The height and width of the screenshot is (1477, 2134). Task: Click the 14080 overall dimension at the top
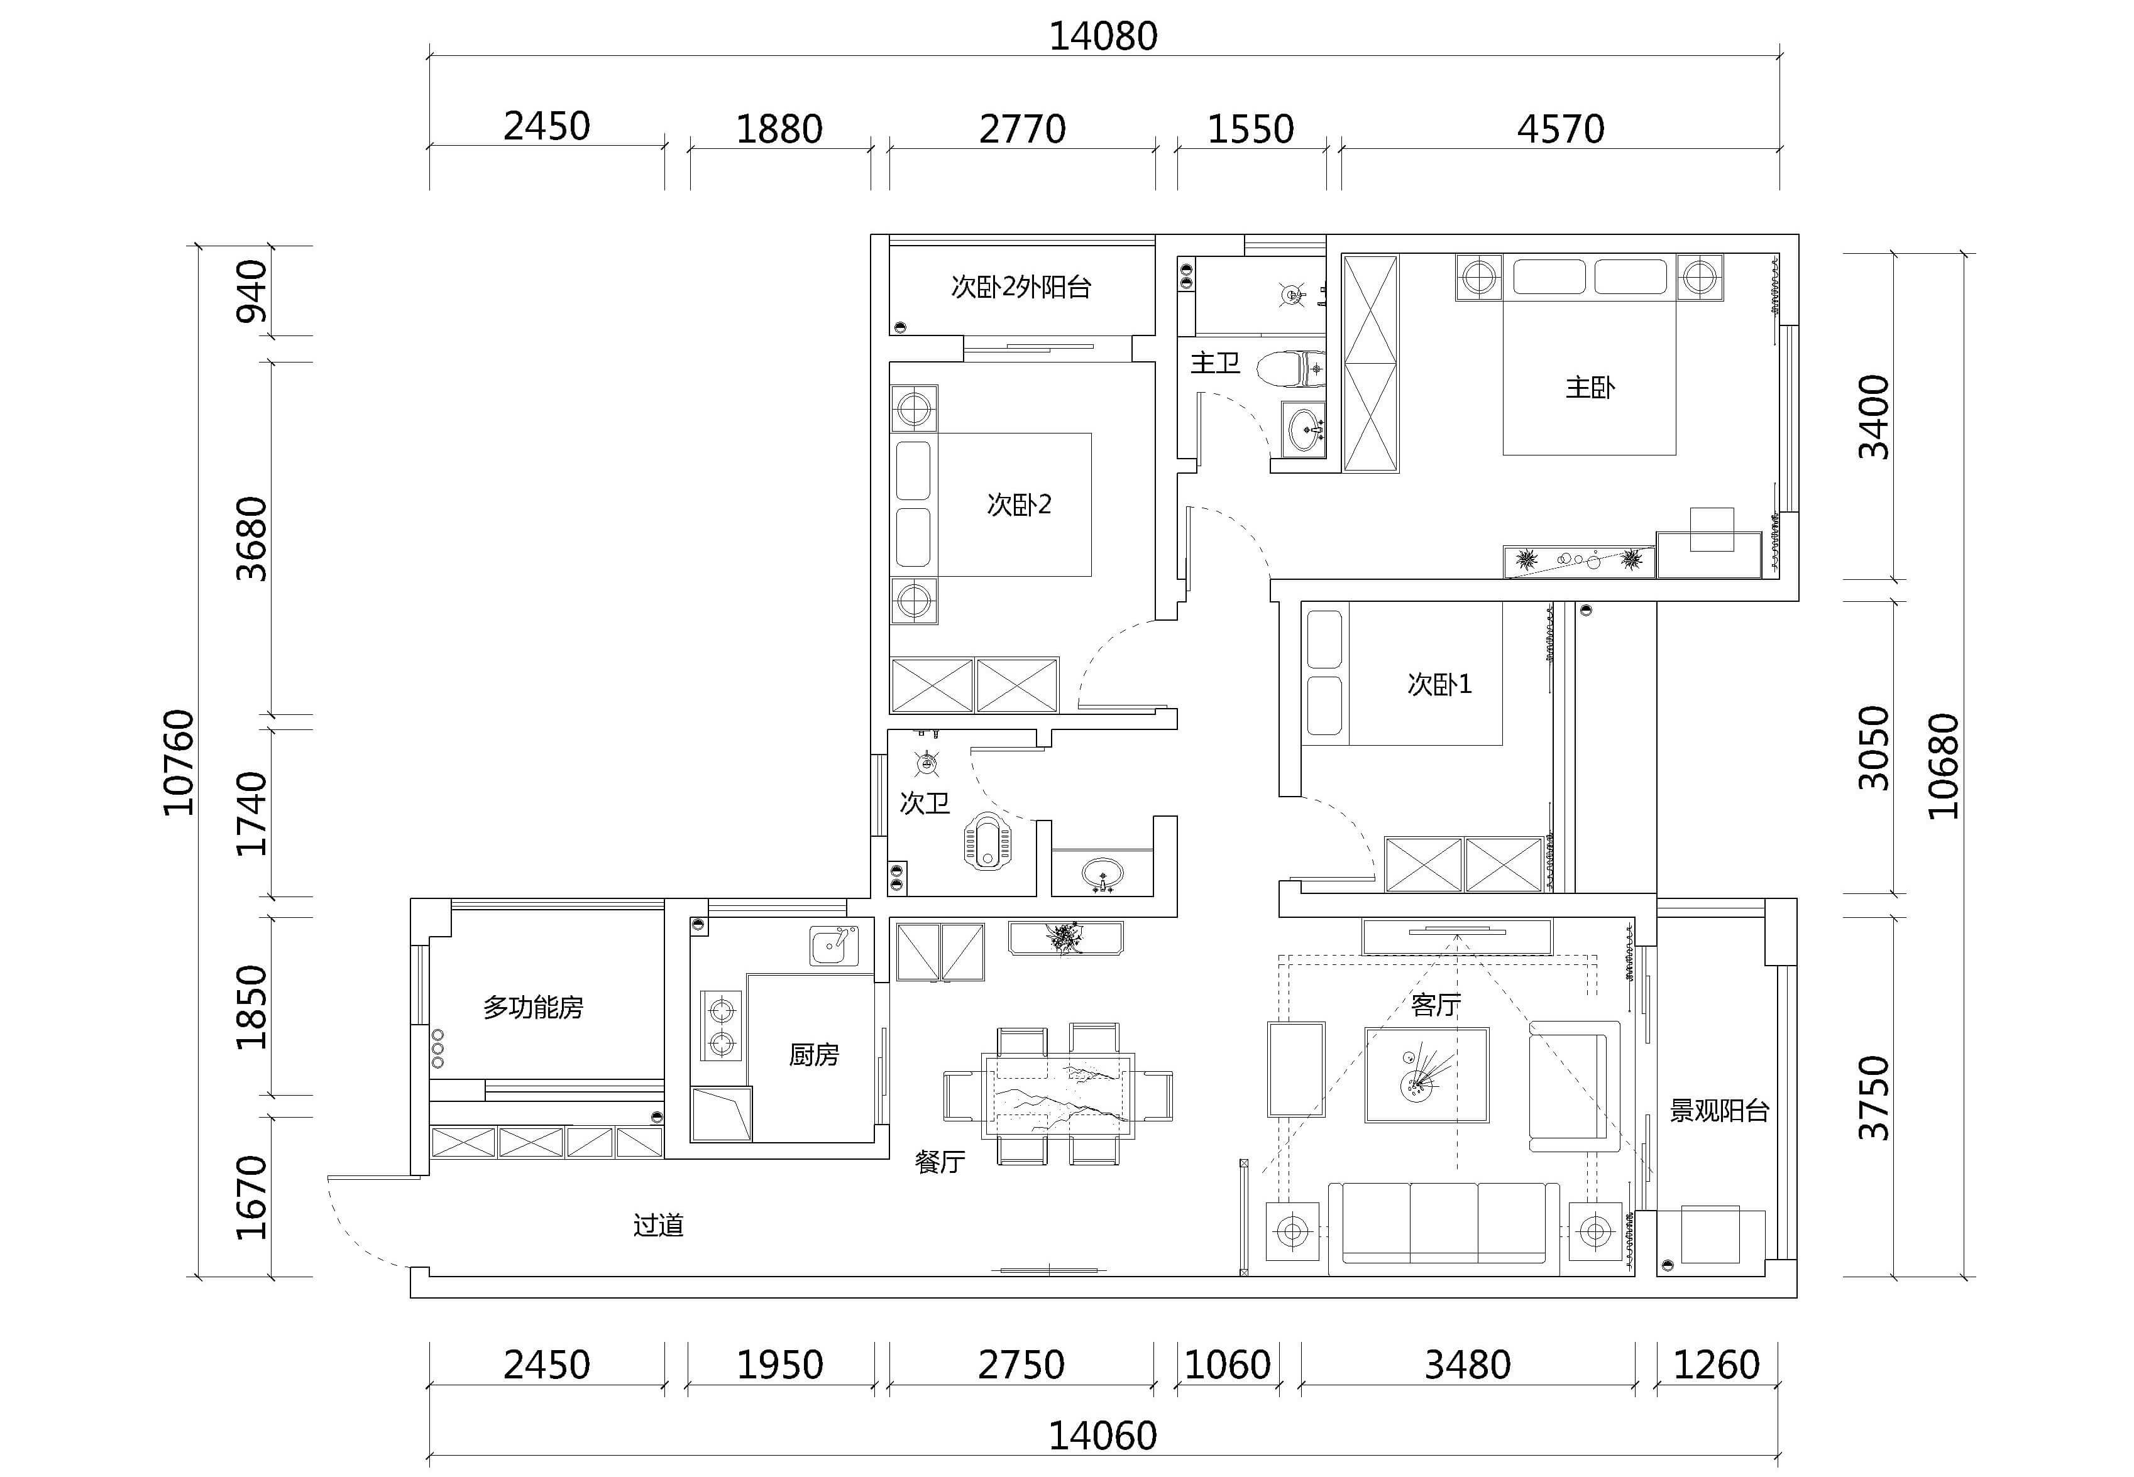tap(1103, 36)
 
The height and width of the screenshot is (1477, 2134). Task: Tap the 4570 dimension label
tap(1560, 129)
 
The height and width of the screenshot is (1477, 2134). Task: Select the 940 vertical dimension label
tap(252, 292)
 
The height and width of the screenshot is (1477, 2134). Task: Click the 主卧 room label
tap(1590, 387)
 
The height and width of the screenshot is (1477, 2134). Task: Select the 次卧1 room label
tap(1439, 684)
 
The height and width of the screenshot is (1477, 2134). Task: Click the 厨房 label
tap(814, 1054)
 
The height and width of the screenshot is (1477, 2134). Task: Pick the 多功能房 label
tap(533, 1007)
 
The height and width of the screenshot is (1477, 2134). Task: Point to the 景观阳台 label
tap(1719, 1111)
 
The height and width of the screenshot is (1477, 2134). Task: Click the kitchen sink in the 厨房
tap(834, 946)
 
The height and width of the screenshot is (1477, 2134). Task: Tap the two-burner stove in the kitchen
tap(721, 1025)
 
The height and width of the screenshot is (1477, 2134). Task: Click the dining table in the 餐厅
tap(1059, 1095)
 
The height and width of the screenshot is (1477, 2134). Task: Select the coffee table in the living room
tap(1427, 1074)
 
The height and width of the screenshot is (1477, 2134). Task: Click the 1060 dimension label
tap(1228, 1365)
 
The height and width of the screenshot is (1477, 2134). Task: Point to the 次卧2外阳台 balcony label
tap(1021, 287)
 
